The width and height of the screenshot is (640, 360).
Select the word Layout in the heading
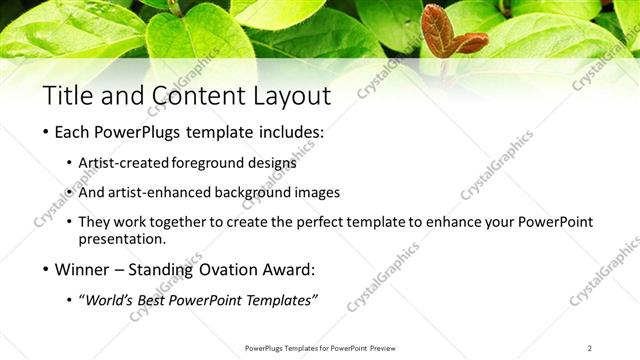(290, 96)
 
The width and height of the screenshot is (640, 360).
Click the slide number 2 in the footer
(590, 348)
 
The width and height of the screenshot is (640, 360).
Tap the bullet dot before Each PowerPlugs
(46, 132)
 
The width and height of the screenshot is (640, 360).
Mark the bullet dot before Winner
(46, 270)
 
